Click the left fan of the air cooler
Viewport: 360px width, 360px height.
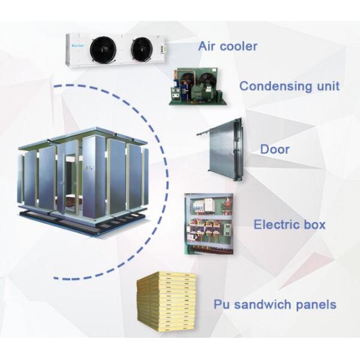pos(103,49)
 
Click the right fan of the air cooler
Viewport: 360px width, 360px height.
pos(143,49)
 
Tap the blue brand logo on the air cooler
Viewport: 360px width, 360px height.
pos(78,44)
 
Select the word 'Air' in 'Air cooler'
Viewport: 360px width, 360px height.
pos(207,46)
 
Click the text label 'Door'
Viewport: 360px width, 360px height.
pos(275,149)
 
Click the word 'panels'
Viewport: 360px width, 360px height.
pos(317,305)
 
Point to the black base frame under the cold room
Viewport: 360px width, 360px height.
pos(84,221)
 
